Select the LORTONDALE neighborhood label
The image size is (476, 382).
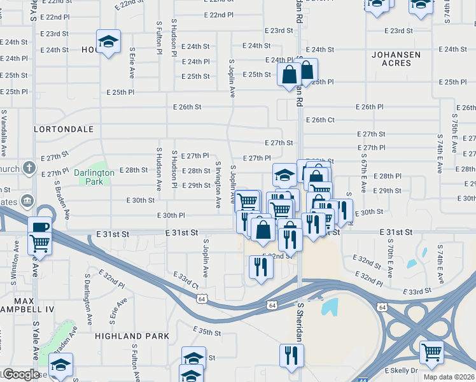pyautogui.click(x=64, y=129)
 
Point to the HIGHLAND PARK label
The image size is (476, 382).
pyautogui.click(x=132, y=336)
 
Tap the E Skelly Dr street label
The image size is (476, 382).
pyautogui.click(x=401, y=370)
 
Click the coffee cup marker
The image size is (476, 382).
pyautogui.click(x=39, y=227)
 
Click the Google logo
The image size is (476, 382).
pyautogui.click(x=21, y=374)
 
